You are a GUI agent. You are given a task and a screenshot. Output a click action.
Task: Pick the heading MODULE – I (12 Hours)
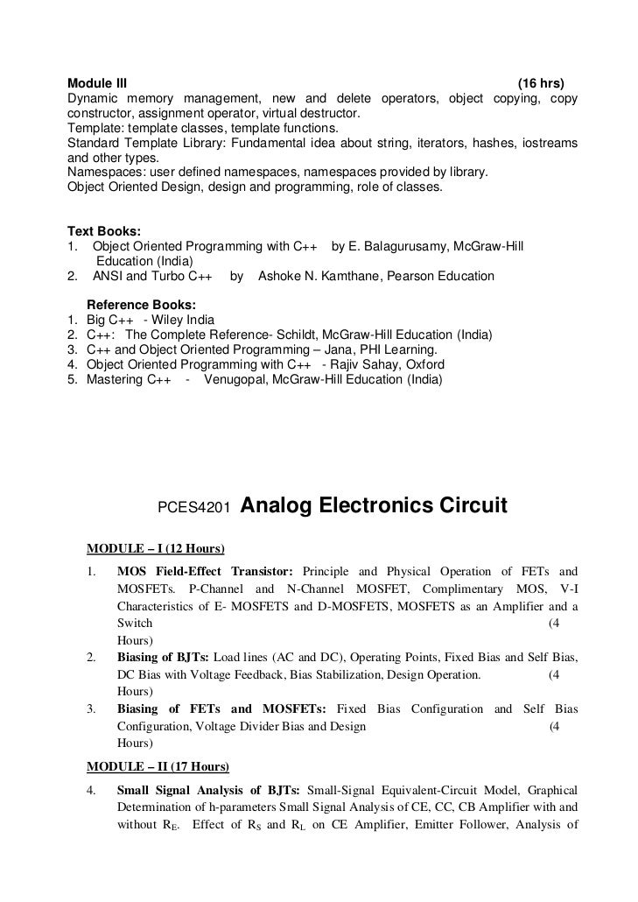pyautogui.click(x=156, y=549)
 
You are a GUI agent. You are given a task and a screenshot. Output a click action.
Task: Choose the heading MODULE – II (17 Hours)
pyautogui.click(x=158, y=766)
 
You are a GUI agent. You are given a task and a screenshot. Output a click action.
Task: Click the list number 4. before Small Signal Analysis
pyautogui.click(x=91, y=791)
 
